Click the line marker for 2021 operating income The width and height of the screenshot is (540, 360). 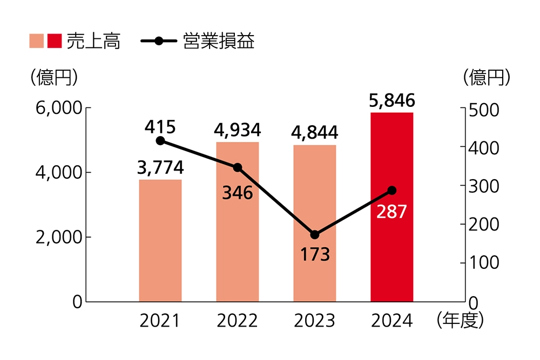160,141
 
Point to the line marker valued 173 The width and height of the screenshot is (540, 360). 315,235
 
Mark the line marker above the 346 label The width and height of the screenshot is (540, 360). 238,167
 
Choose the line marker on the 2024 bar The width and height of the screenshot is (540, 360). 392,191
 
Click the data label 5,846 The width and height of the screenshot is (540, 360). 392,100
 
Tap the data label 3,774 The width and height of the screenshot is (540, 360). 160,168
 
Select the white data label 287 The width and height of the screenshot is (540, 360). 392,212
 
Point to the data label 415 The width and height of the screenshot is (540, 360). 160,127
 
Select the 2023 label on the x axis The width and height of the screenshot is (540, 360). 315,321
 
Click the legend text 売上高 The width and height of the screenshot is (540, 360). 93,41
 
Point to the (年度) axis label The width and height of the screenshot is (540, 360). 461,321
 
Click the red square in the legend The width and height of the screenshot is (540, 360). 55,41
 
